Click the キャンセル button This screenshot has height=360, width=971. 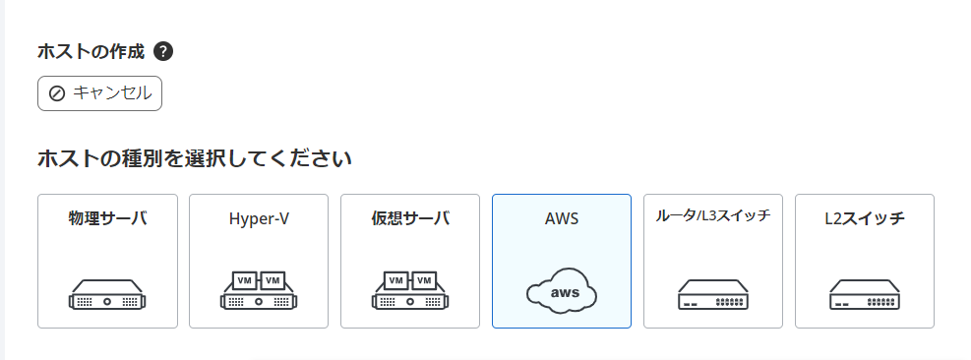coord(99,93)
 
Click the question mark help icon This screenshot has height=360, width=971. coord(164,51)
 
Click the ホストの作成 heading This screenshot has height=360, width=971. coord(91,51)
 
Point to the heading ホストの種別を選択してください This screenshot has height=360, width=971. coord(195,157)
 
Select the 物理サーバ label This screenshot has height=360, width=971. coord(107,218)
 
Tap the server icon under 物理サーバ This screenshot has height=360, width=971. coord(107,292)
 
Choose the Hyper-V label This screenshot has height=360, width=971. coord(259,218)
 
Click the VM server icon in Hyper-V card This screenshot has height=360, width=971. coord(259,290)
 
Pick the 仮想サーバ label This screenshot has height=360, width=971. coord(410,218)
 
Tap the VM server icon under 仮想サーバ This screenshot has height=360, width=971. coord(410,290)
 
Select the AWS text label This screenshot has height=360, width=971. coord(562,218)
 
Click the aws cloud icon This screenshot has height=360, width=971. coord(562,291)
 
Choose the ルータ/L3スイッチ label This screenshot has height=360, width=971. coord(713,216)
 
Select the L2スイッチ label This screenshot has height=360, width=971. coord(865,218)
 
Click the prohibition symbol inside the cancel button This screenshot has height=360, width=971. coord(57,93)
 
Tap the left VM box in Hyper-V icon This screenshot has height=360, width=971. coord(244,280)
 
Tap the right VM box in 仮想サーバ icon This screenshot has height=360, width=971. coord(425,280)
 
